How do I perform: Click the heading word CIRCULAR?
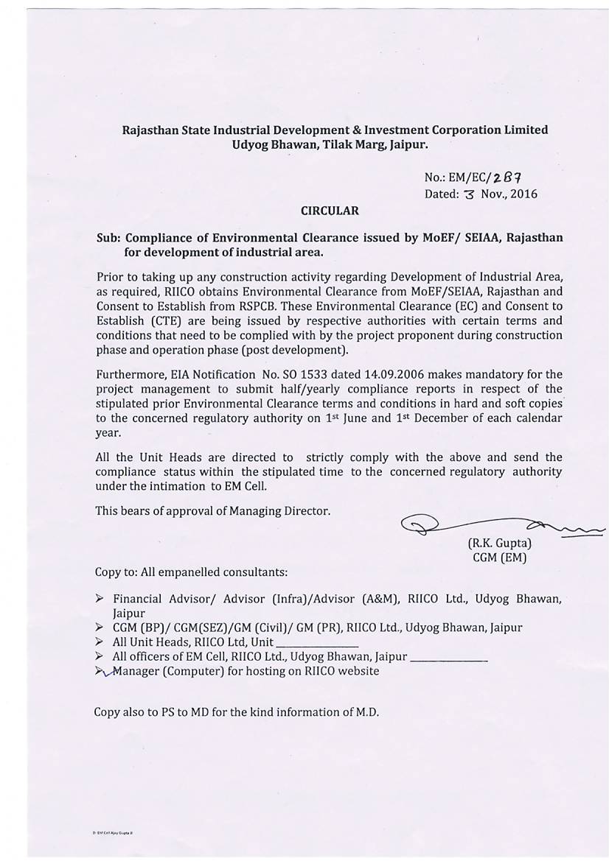(x=330, y=211)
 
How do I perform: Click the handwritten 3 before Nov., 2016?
(x=472, y=194)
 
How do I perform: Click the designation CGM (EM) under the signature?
(x=499, y=558)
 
